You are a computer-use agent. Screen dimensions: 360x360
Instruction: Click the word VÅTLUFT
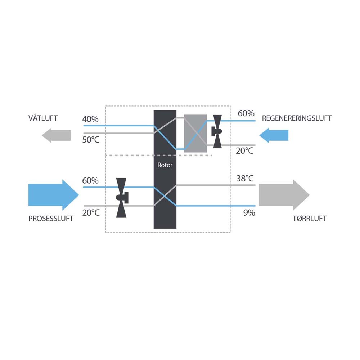pos(43,118)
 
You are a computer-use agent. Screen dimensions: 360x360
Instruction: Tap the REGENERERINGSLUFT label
pos(297,118)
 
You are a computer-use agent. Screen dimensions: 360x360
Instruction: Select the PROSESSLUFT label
pos(51,219)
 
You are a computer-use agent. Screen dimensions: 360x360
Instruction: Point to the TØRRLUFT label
pos(310,218)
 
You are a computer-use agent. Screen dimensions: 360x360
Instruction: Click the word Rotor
pos(165,165)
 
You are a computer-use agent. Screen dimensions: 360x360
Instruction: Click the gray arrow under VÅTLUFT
pos(56,135)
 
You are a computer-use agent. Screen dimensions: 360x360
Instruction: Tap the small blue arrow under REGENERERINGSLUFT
pos(274,135)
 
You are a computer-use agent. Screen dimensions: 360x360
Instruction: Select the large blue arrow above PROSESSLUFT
pos(54,195)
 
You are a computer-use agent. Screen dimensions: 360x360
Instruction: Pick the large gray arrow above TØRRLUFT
pos(284,195)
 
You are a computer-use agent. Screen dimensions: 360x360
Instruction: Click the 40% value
pos(90,119)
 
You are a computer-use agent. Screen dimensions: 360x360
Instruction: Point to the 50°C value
pos(91,140)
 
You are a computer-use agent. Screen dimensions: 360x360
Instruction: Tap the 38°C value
pos(245,178)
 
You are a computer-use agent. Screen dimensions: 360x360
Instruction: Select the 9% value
pos(249,213)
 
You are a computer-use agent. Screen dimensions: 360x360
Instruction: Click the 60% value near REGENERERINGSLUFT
pos(246,113)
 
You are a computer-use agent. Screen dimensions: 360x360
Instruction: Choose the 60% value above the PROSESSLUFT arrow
pos(90,180)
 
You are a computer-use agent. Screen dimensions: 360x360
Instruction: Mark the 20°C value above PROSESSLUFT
pos(91,213)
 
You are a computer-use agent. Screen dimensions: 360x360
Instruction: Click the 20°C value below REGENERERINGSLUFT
pos(244,150)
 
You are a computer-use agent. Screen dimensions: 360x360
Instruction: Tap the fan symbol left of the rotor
pos(122,198)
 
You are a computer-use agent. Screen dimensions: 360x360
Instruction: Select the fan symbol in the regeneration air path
pos(217,131)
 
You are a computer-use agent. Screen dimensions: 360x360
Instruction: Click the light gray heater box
pos(195,134)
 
